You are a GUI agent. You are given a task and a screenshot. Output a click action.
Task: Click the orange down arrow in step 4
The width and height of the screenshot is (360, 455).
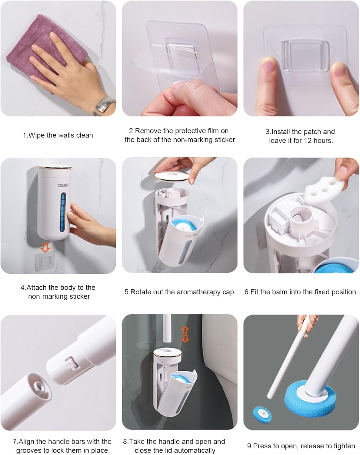pos(45,247)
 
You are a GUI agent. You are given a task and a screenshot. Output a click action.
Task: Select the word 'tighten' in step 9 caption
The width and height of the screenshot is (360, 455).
pos(344,446)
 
